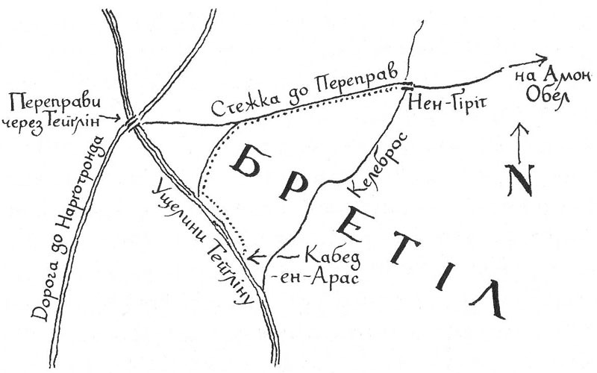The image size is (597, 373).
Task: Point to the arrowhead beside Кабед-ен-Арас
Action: click(x=253, y=258)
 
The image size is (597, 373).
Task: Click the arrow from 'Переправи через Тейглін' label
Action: click(x=112, y=118)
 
